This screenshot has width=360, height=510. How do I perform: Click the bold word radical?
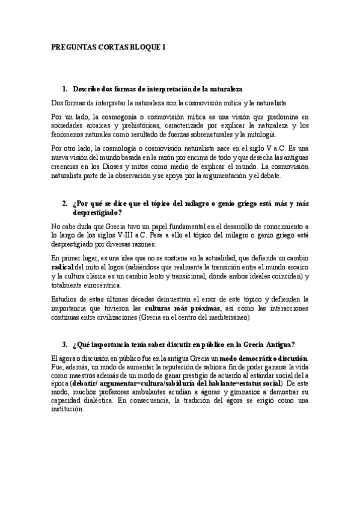pos(62,266)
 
